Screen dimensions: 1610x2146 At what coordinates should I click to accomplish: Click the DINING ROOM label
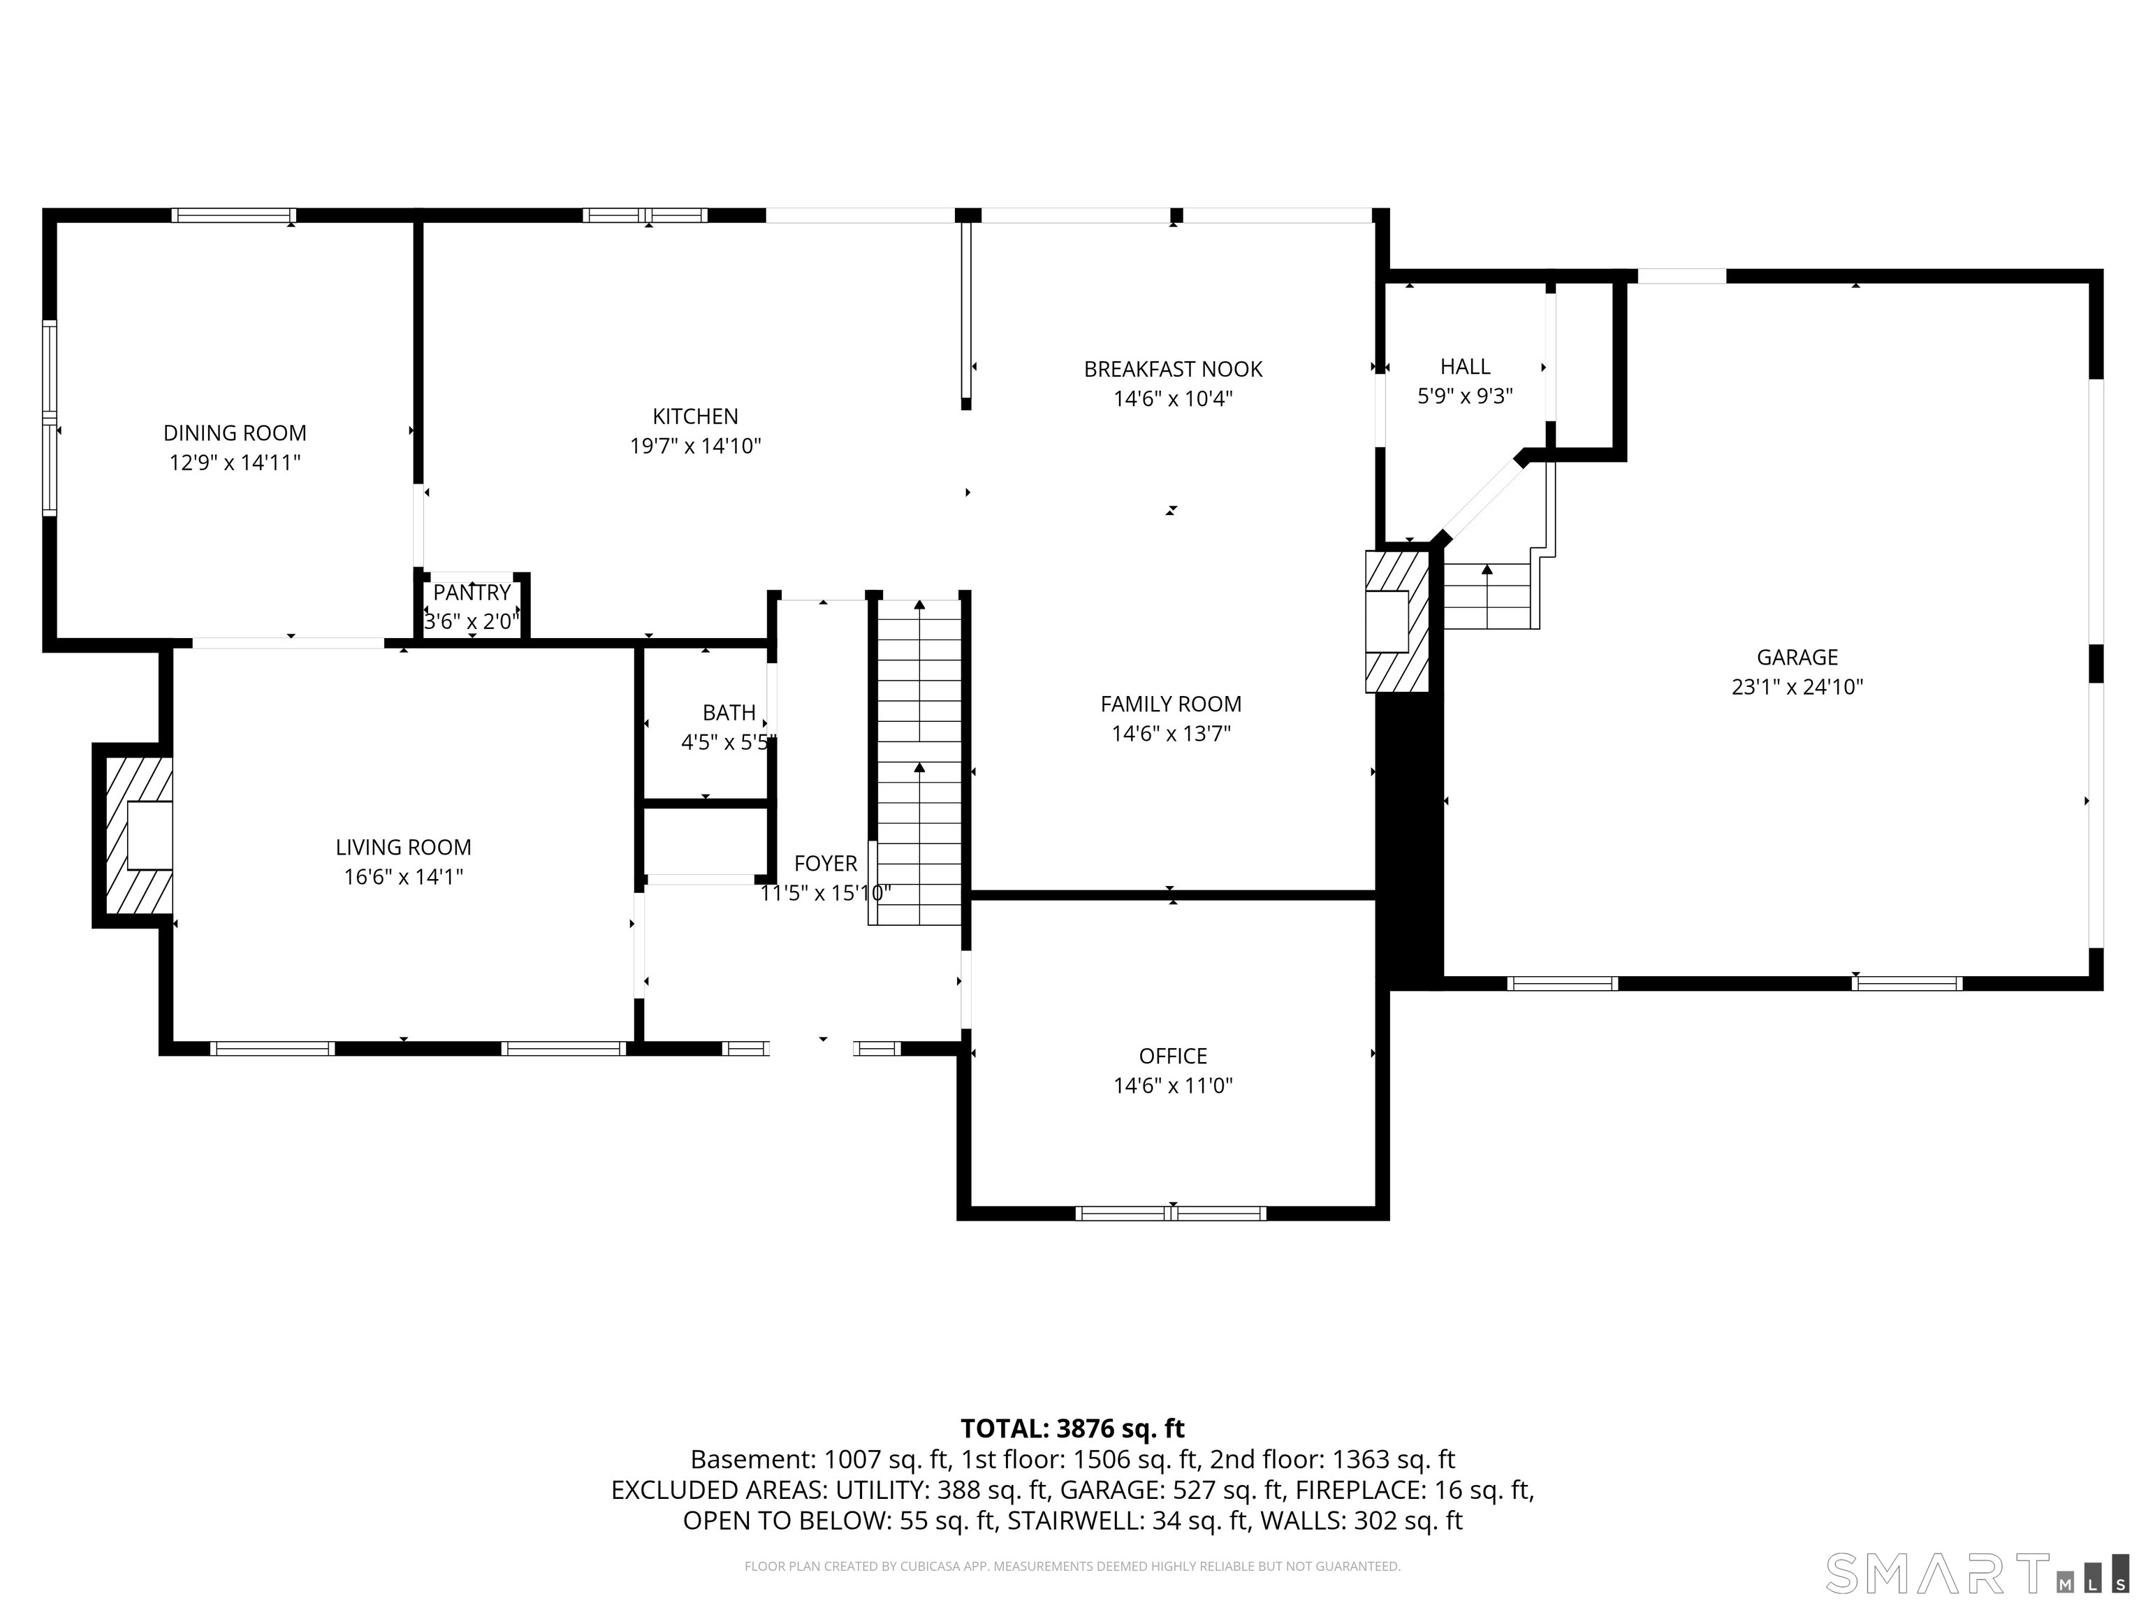click(235, 433)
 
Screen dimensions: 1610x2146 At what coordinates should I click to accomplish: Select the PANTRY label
click(472, 592)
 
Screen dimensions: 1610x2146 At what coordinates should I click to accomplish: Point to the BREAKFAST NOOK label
click(1172, 369)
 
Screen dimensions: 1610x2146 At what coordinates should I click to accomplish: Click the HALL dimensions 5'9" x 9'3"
click(1465, 396)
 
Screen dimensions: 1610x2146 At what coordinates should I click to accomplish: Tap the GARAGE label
click(1797, 657)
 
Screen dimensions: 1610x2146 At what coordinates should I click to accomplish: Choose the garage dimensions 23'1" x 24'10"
click(1797, 687)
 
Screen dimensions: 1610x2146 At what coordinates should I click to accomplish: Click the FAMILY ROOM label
click(1170, 704)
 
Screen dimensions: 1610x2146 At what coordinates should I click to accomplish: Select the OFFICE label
click(1172, 1056)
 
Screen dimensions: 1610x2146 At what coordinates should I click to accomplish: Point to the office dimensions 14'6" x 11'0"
click(1172, 1085)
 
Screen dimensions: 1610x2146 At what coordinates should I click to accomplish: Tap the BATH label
click(729, 712)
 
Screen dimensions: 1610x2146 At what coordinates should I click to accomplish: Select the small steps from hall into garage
click(1487, 596)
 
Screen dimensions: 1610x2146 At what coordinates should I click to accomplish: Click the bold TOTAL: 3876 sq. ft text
click(1072, 1428)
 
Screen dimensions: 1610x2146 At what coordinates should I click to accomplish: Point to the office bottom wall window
click(1170, 1213)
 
